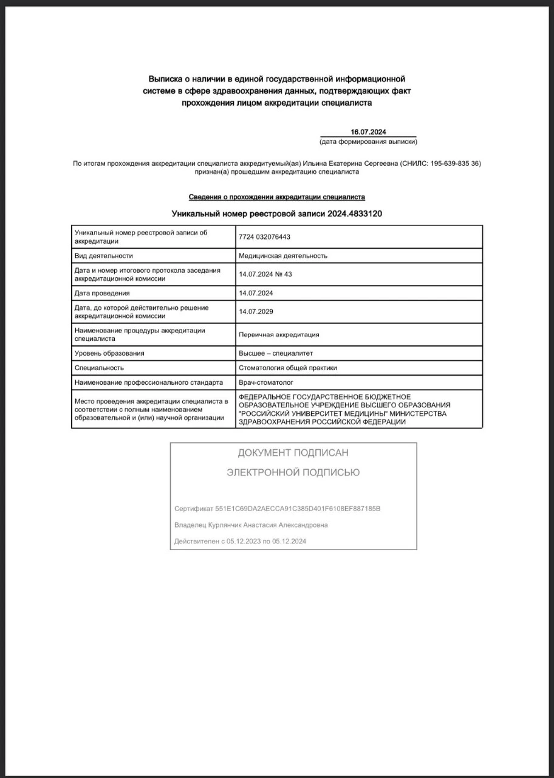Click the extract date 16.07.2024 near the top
coord(368,133)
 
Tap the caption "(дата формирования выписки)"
coord(368,142)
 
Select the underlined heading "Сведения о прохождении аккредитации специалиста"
coord(277,197)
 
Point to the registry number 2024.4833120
coord(355,213)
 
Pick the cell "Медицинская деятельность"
coord(283,256)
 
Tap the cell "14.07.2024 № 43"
coord(265,274)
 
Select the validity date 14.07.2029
coord(256,311)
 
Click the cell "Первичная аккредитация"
coord(279,334)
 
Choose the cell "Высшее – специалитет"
coord(276,353)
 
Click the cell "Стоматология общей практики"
coord(288,368)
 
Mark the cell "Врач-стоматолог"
coord(266,383)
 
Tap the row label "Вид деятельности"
coord(103,256)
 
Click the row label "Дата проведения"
coord(101,293)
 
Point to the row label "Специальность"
coord(99,368)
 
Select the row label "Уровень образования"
coord(109,353)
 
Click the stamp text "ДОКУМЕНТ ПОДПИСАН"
coord(293,453)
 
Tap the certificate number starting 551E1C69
coord(298,508)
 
